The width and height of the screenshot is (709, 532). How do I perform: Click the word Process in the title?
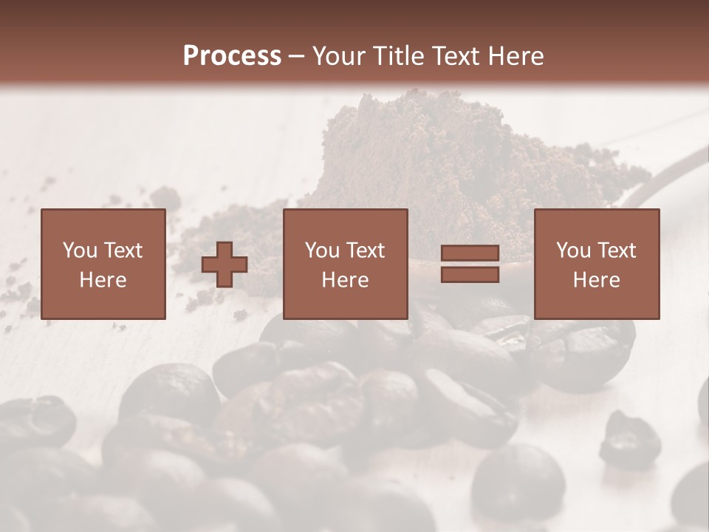pos(232,56)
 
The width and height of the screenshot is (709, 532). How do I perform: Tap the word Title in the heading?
pos(399,56)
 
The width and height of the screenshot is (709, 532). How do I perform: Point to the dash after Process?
pos(297,57)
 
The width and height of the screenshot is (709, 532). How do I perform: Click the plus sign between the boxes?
pos(225,265)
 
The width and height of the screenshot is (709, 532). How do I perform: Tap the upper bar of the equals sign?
pos(470,253)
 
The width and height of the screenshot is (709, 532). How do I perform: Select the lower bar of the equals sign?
pos(470,275)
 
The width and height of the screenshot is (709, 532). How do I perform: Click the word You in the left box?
pos(79,250)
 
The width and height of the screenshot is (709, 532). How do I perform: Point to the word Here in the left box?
pos(103,280)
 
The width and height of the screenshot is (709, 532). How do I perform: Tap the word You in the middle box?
pos(322,250)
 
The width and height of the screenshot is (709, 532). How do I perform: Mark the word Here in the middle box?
pos(345,280)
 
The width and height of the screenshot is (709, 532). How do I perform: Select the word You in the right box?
pos(573,250)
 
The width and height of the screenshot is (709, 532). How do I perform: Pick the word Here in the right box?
pos(596,280)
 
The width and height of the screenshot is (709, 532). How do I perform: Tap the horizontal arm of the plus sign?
pos(210,265)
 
